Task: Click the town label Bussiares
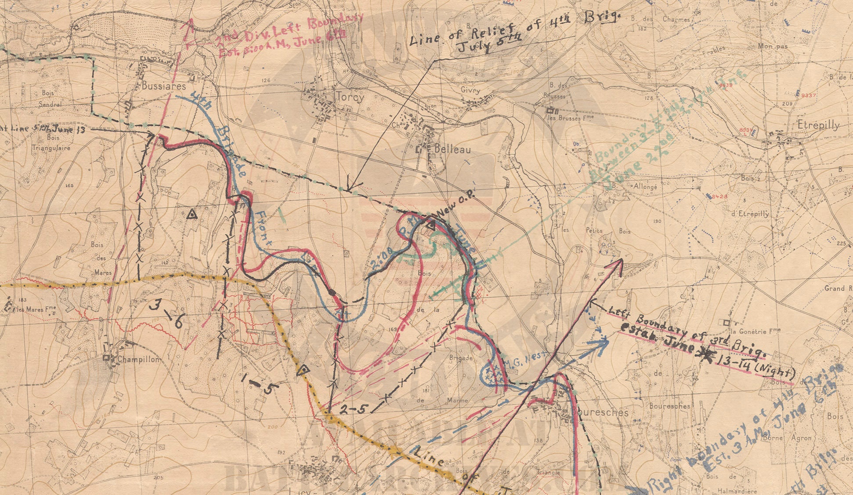164,86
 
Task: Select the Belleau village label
452,149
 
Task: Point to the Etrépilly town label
818,125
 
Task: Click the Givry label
470,90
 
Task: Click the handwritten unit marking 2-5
354,409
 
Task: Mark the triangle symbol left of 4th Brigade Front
191,215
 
